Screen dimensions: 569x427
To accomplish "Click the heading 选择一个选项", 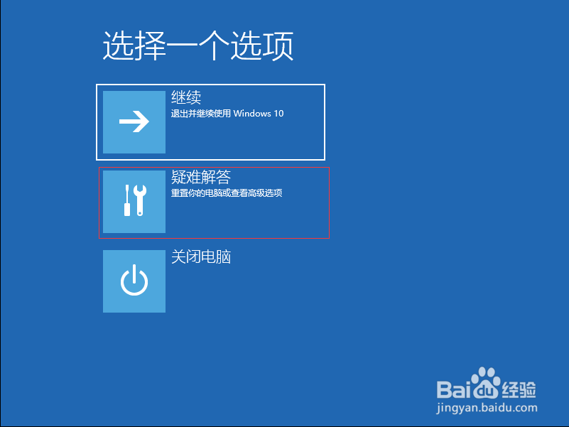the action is (x=198, y=45).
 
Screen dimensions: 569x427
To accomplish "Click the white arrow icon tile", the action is (x=134, y=122).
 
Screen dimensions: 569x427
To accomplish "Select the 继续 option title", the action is (x=186, y=97).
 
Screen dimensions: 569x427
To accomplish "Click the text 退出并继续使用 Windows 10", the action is (x=227, y=114).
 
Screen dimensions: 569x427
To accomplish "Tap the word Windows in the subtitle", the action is (x=252, y=114).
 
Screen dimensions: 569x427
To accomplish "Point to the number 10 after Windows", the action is (x=278, y=114).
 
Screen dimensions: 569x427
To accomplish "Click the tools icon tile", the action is (x=134, y=202).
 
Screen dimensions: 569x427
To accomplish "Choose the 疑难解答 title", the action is (x=201, y=177).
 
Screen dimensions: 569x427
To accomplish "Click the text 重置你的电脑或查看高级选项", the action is (x=227, y=193).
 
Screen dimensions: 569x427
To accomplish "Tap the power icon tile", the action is (x=134, y=281).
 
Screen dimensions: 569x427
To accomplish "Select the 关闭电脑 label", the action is (x=201, y=256).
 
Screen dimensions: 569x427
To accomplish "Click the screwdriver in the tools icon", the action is (x=127, y=200).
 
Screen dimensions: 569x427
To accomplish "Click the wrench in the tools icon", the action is (x=140, y=200).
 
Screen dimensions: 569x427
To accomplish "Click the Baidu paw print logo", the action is (x=486, y=384).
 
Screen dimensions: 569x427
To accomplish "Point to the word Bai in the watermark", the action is (x=454, y=389).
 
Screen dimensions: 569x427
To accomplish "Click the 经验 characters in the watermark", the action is (x=519, y=390).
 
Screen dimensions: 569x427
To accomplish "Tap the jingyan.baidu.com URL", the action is (x=487, y=408).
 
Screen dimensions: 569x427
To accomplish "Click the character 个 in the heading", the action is (x=214, y=45).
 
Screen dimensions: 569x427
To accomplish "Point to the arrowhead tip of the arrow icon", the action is (x=148, y=121).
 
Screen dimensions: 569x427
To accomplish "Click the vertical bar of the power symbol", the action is (x=134, y=274).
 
